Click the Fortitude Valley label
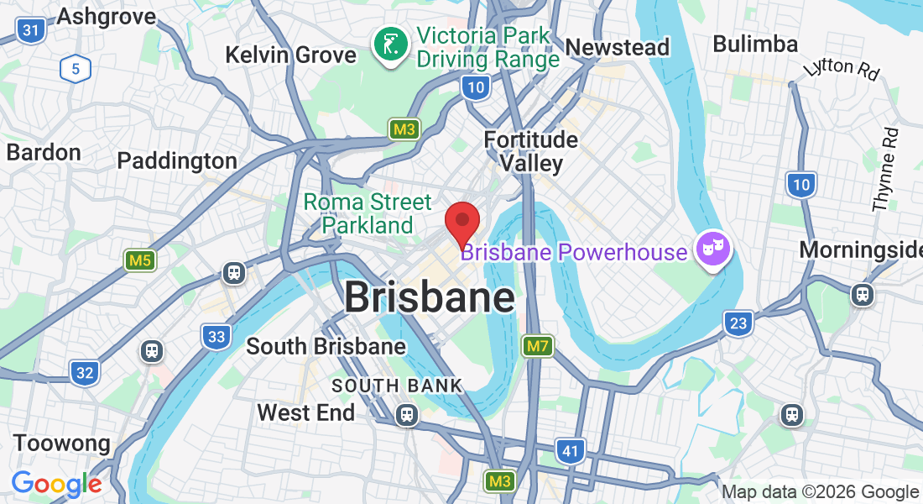point(531,150)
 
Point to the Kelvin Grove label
point(290,55)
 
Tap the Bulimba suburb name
point(754,44)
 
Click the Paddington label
point(177,160)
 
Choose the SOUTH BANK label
point(397,386)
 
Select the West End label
point(305,412)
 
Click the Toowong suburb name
point(61,443)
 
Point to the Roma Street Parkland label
point(368,213)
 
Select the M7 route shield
point(537,345)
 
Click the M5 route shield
point(140,260)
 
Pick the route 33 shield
point(216,338)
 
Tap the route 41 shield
point(571,451)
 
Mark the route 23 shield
point(738,323)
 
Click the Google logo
point(56,483)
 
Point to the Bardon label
point(44,152)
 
